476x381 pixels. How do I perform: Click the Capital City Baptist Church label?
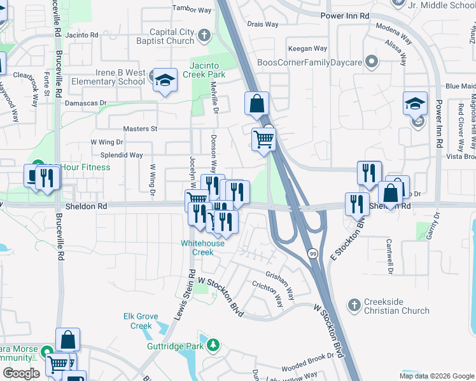172,37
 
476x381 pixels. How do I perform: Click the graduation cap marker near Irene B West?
165,80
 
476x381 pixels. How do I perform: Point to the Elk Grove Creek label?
137,321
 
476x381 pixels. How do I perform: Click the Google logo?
20,373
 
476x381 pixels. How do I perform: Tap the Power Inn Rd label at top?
345,15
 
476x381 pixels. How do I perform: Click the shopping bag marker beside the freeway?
256,104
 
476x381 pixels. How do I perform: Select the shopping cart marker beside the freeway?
263,139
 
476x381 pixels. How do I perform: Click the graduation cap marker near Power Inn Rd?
414,103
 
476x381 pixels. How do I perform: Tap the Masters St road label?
140,128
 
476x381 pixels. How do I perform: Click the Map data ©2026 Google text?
436,376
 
